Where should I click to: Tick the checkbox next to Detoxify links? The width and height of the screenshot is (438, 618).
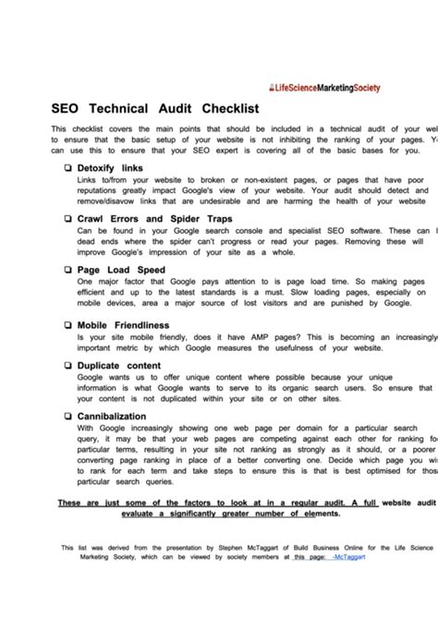click(x=68, y=168)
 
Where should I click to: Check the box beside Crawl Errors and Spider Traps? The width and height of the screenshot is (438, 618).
click(x=68, y=218)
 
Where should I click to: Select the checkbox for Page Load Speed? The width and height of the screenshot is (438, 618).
click(x=68, y=269)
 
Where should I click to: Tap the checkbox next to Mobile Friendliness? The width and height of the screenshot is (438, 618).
click(x=68, y=325)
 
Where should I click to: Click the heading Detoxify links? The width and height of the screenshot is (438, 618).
click(x=110, y=168)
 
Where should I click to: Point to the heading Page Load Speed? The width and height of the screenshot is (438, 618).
click(x=121, y=269)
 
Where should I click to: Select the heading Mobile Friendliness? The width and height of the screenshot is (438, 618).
click(x=124, y=325)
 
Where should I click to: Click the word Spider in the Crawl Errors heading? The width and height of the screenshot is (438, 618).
click(x=188, y=218)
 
